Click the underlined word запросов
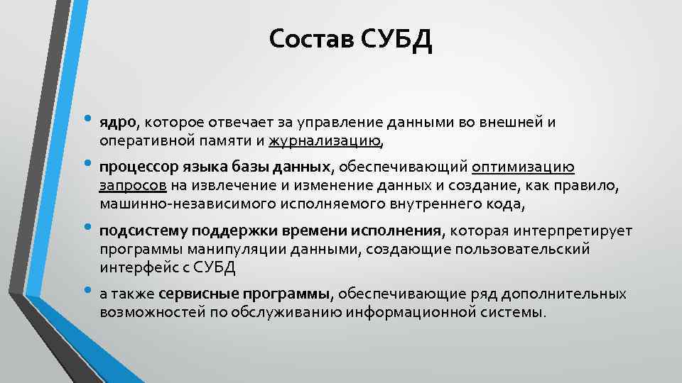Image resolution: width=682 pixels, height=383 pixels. tap(133, 186)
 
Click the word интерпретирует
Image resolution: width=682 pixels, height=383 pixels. tap(577, 232)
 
